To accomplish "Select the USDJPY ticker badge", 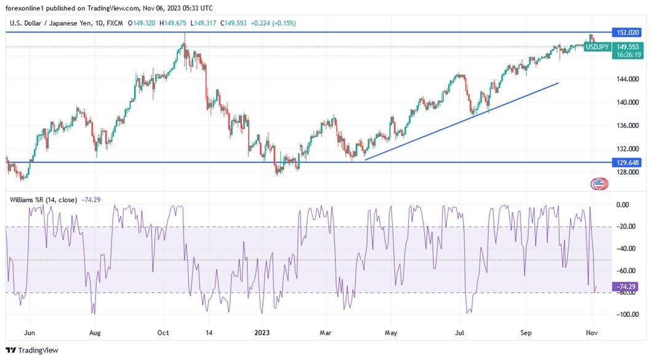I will pos(597,47).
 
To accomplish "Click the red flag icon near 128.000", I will pos(598,183).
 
